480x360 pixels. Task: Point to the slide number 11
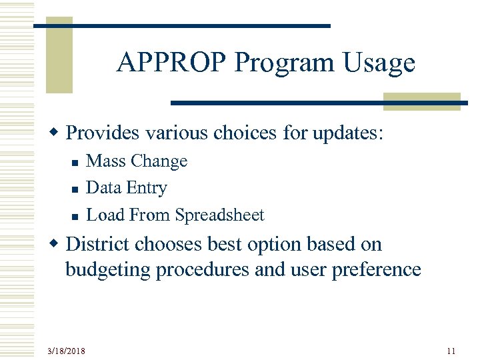tap(451, 351)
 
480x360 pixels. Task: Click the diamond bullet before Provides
tap(57, 133)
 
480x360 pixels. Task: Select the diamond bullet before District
tap(57, 245)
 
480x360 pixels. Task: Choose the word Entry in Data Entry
tap(147, 189)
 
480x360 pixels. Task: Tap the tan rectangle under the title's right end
tap(422, 101)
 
